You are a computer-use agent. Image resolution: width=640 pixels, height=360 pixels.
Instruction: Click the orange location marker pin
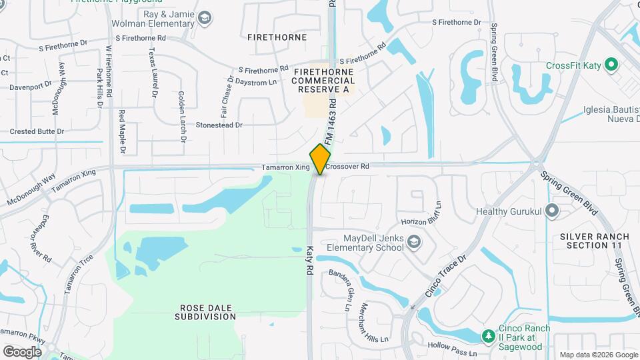tap(321, 159)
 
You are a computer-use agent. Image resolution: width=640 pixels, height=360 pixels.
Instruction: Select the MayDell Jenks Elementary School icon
tap(415, 241)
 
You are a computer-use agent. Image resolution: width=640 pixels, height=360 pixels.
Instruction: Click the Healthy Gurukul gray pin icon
tap(551, 211)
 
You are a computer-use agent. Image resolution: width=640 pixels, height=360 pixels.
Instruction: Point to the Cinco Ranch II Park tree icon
tap(488, 334)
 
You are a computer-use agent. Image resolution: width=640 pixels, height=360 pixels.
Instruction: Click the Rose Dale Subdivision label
tap(207, 312)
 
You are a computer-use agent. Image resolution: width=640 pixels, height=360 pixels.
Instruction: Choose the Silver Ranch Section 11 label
tap(594, 241)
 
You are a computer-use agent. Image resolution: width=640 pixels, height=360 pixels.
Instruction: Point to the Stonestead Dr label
tap(219, 125)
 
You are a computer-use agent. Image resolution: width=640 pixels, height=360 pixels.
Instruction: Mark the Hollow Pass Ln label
tap(453, 345)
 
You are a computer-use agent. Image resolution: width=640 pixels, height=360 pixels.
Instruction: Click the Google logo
tap(22, 351)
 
